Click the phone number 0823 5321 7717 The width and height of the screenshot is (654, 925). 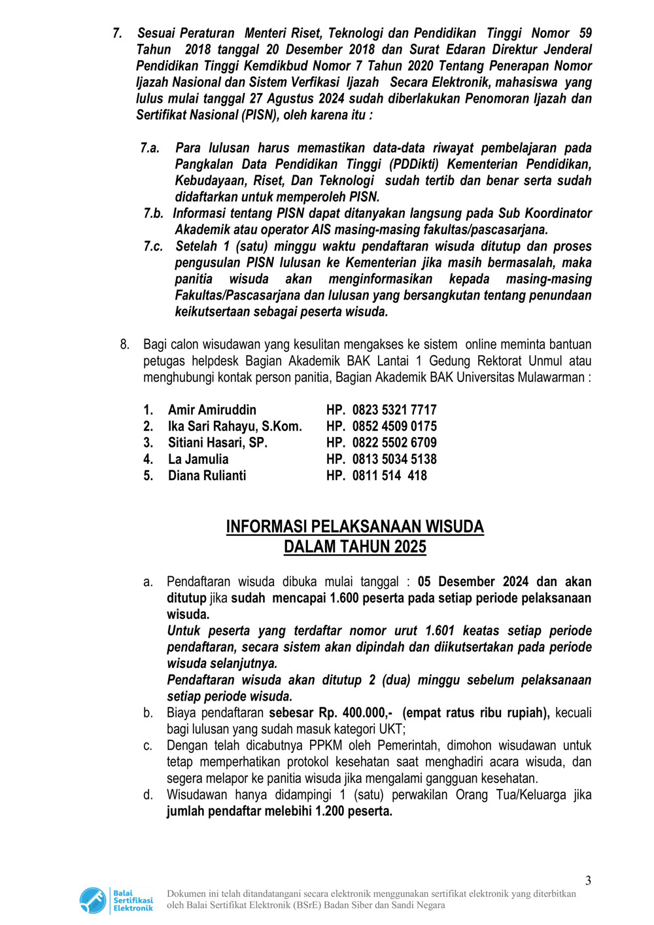point(394,410)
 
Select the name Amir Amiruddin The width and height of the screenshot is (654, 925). point(212,410)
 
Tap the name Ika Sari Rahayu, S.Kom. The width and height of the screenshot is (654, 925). point(235,427)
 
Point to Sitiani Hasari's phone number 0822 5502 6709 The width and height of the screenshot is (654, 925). point(394,443)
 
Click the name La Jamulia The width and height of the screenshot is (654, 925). point(198,459)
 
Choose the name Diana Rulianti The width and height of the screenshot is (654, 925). point(207,476)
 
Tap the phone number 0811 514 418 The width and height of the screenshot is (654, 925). point(389,476)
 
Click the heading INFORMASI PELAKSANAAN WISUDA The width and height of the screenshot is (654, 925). point(354,527)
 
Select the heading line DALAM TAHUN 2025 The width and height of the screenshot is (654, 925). point(354,547)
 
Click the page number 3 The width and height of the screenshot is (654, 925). point(588,881)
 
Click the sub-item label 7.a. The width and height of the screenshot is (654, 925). point(150,148)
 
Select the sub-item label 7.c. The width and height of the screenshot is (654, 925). point(153,246)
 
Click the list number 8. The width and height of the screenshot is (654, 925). point(124,344)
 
